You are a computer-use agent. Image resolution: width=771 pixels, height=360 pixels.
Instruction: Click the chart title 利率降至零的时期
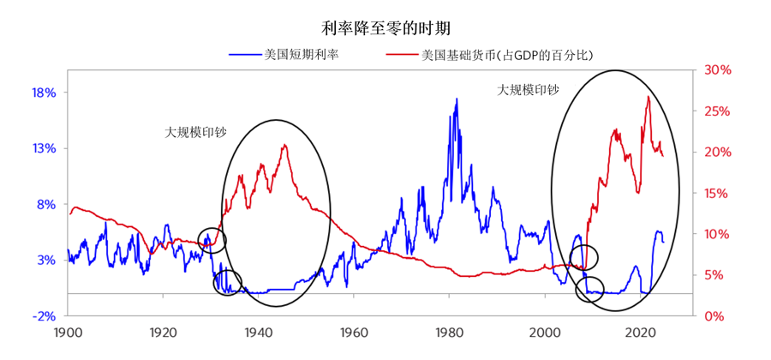[x=384, y=27]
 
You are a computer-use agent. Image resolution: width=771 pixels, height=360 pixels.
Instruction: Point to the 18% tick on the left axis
[x=44, y=93]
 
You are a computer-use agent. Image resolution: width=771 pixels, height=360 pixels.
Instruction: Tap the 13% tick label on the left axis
[x=44, y=148]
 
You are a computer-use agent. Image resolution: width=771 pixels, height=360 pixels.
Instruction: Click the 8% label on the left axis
[x=46, y=204]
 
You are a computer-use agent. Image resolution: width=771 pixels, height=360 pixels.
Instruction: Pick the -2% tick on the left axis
[x=44, y=315]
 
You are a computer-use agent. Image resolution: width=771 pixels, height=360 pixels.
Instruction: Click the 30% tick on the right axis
[x=717, y=70]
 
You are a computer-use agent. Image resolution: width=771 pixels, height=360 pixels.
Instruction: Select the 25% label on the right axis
[x=717, y=111]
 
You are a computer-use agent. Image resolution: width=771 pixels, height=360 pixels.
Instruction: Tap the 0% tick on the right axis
[x=714, y=315]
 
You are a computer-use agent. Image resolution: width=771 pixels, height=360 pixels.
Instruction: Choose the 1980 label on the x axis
[x=449, y=332]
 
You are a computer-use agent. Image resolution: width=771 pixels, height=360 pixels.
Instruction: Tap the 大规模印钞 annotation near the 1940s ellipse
[x=195, y=133]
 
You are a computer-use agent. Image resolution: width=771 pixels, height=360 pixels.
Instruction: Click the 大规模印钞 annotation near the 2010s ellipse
[x=528, y=89]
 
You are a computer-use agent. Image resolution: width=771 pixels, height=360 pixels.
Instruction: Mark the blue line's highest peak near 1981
[x=457, y=99]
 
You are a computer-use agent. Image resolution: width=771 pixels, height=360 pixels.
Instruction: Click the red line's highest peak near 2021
[x=648, y=96]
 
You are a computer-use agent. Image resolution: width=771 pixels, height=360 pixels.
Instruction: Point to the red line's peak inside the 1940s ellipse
[x=284, y=145]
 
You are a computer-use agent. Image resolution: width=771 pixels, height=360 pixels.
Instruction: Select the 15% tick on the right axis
[x=717, y=193]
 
